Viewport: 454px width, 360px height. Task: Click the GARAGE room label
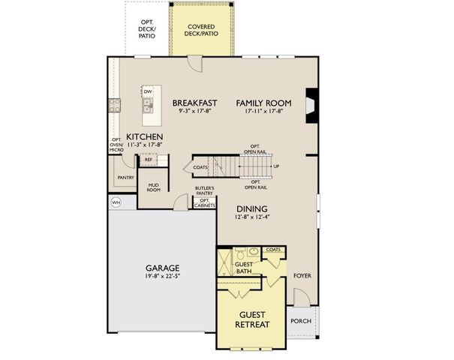[161, 268]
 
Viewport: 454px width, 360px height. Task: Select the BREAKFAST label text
[194, 103]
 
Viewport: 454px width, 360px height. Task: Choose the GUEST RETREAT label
[251, 319]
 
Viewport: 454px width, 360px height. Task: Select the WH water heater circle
[116, 202]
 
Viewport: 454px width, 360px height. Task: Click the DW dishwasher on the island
[149, 92]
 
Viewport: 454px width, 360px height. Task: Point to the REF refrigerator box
[148, 160]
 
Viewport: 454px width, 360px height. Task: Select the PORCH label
[300, 321]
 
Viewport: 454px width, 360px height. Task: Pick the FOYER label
[302, 275]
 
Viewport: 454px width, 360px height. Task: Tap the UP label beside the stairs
[276, 166]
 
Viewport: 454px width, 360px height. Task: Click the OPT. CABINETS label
[205, 202]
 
